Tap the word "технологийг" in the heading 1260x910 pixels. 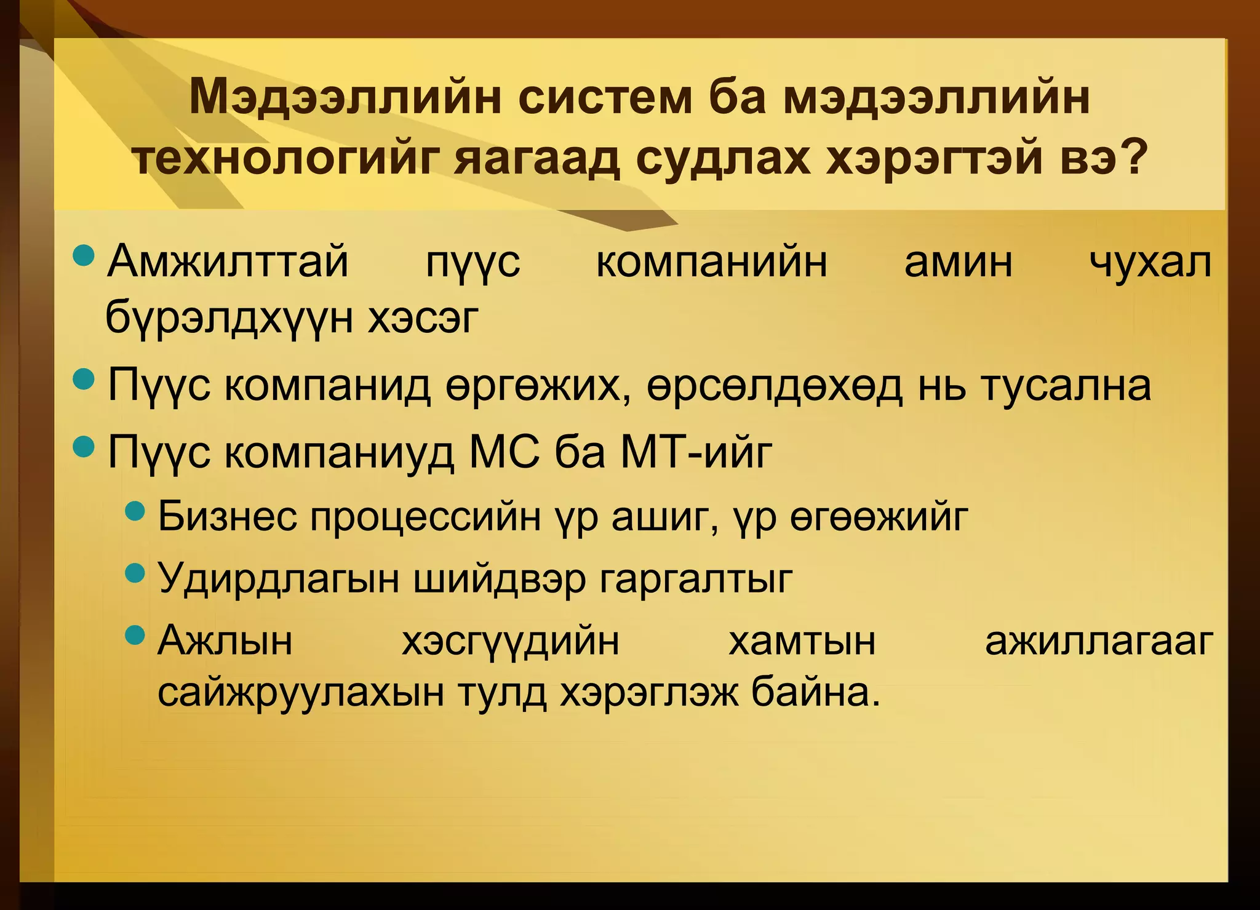pos(287,159)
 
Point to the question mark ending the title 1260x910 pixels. pos(1133,158)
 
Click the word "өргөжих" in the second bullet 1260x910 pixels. pos(538,386)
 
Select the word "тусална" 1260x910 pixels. pos(1066,386)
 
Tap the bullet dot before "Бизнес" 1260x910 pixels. pos(134,509)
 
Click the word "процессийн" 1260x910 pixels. pos(425,517)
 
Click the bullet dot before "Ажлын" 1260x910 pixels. pos(134,634)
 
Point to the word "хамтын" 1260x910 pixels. pos(802,641)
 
